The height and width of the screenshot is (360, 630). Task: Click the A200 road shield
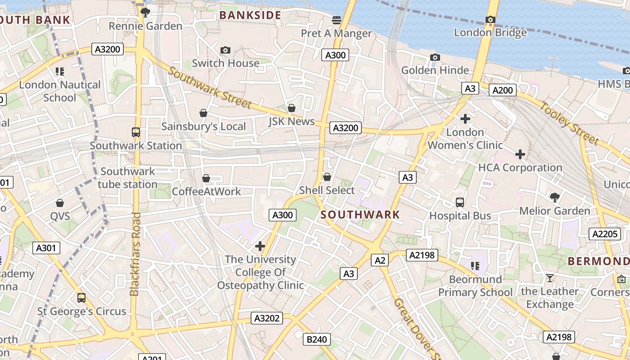[503, 90]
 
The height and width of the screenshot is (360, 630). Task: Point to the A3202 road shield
[267, 318]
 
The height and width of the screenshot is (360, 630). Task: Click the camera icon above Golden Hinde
[435, 57]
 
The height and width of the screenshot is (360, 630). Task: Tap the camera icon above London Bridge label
[490, 19]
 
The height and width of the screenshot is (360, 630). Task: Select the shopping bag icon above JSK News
[292, 108]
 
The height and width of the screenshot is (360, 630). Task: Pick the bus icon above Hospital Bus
[460, 202]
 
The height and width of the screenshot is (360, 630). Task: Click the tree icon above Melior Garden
[555, 197]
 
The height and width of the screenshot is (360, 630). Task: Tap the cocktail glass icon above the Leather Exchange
[549, 278]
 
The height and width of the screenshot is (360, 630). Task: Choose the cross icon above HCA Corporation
[520, 154]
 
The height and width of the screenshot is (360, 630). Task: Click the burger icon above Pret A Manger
[337, 20]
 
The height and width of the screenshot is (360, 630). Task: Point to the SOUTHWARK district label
[360, 215]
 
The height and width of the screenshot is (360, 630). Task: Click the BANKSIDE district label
[250, 15]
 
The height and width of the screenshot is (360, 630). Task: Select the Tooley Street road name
[570, 123]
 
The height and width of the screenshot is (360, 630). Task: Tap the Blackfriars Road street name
[135, 254]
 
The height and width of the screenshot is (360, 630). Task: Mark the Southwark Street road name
[210, 88]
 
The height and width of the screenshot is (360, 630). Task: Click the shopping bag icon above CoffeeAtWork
[206, 179]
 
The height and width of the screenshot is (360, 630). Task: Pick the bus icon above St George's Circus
[81, 298]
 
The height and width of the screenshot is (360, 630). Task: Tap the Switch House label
[225, 63]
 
